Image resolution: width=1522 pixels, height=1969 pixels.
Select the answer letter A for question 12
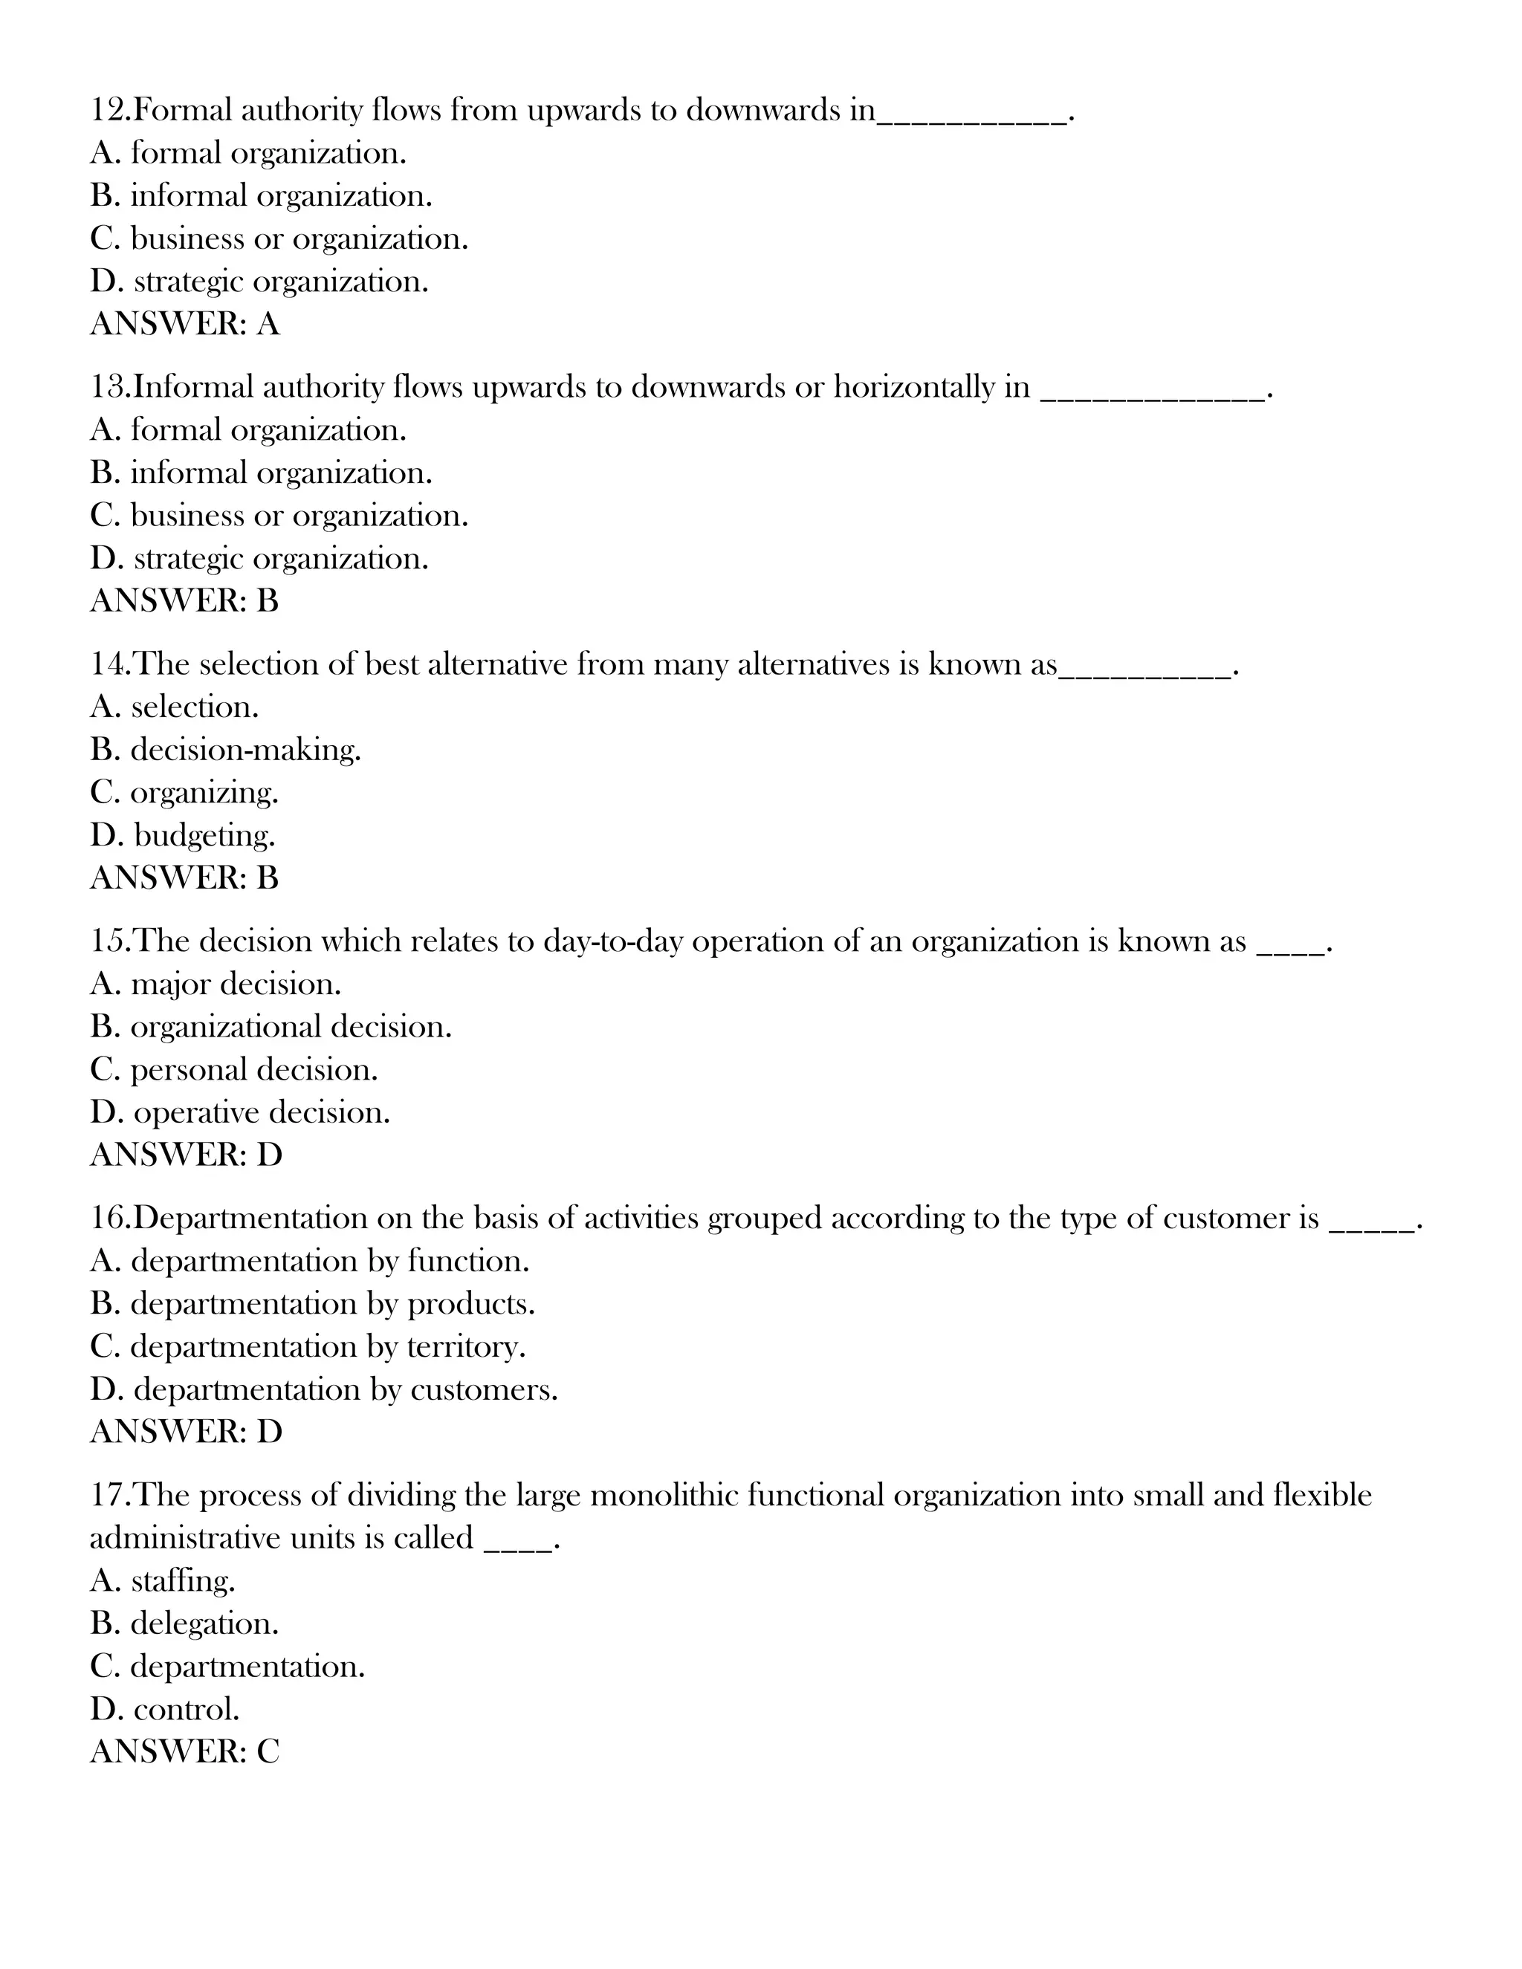click(x=268, y=325)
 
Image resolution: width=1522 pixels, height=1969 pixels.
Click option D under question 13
click(x=259, y=559)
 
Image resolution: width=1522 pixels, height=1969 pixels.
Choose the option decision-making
click(x=245, y=750)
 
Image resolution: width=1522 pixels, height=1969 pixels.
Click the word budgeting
click(x=204, y=836)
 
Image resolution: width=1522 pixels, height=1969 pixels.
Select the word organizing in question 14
click(x=204, y=794)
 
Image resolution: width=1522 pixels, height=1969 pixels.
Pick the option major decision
click(x=236, y=984)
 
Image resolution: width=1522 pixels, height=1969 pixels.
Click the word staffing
click(x=182, y=1581)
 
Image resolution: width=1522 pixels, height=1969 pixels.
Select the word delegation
click(x=204, y=1623)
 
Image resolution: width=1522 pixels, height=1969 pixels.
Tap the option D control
click(x=165, y=1710)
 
